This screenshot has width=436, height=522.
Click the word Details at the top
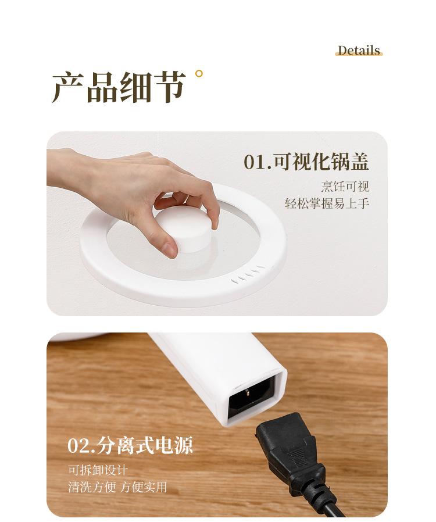(x=359, y=50)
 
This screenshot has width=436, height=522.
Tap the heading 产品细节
(x=119, y=88)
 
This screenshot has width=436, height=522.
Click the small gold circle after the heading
(x=199, y=74)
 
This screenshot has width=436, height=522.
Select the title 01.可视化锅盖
(x=306, y=162)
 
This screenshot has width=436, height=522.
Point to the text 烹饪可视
(x=345, y=187)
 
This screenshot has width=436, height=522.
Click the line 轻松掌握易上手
(x=327, y=203)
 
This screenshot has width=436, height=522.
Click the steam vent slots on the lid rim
(x=249, y=274)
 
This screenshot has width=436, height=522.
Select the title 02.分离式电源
(x=130, y=445)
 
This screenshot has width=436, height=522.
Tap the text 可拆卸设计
(x=98, y=470)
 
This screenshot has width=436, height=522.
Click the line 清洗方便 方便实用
(x=117, y=487)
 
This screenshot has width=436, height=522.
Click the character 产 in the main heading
(x=68, y=88)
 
